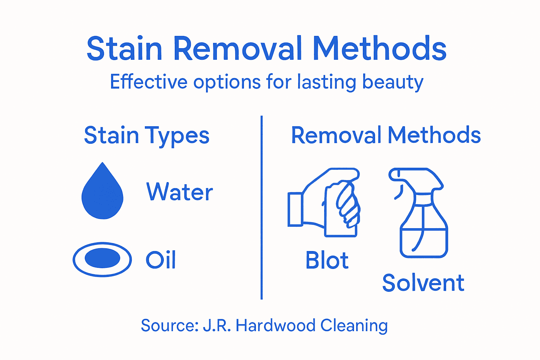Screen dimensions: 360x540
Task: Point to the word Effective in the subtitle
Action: pos(149,82)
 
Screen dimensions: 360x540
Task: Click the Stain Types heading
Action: pos(147,136)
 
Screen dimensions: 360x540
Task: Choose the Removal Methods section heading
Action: pos(386,135)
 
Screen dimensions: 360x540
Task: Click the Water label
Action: pos(179,192)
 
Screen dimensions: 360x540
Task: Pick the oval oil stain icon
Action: pos(102,259)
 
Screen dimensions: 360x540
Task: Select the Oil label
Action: pos(161,260)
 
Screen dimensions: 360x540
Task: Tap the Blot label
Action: pos(327,261)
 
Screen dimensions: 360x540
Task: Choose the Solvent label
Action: pos(423,283)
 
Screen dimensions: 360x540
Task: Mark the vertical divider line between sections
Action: pos(262,207)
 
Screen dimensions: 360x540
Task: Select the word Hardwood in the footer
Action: pos(275,326)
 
